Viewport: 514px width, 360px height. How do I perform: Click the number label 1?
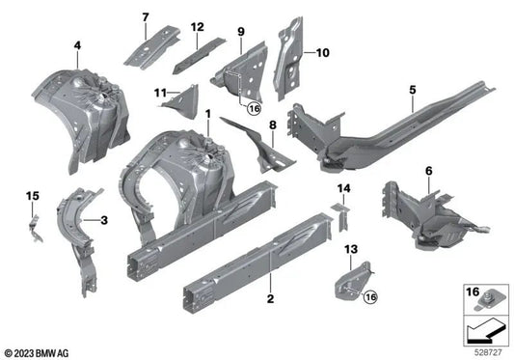point(207,115)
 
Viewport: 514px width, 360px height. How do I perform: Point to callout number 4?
point(77,43)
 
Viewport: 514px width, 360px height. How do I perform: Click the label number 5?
point(412,90)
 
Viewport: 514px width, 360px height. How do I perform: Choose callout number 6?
point(427,171)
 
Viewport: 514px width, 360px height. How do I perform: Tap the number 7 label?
point(146,17)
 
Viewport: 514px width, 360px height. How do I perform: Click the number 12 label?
point(197,28)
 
